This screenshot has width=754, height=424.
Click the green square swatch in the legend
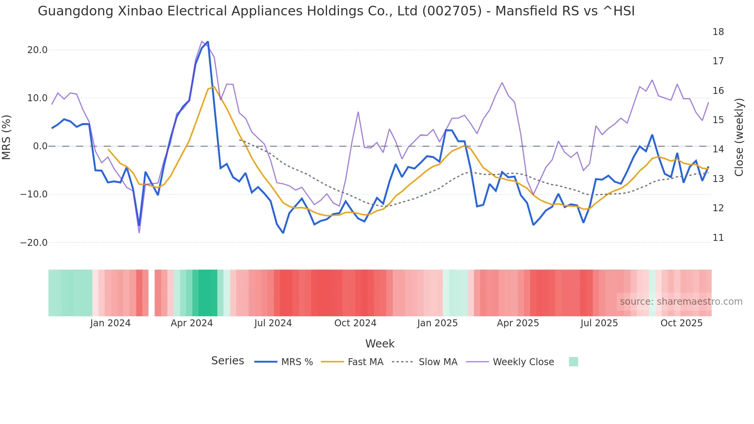(573, 362)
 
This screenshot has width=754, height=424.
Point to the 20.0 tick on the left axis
(37, 50)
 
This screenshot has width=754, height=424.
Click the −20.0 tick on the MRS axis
(34, 243)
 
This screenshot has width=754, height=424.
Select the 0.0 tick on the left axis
(40, 146)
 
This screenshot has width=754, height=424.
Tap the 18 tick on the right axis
(718, 32)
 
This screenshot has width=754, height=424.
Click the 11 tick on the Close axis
(718, 238)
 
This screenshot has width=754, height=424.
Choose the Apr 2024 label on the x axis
(192, 323)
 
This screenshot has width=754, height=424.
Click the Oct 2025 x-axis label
(681, 323)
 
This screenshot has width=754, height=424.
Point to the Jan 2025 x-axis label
(437, 323)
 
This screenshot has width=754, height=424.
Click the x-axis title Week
(380, 344)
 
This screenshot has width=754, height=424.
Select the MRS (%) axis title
(7, 137)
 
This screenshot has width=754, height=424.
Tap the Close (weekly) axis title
(739, 137)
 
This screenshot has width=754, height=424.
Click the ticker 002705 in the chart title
(452, 11)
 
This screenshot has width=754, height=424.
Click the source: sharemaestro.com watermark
(681, 302)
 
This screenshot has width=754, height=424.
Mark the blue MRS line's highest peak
(208, 42)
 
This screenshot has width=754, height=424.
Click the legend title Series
(227, 361)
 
